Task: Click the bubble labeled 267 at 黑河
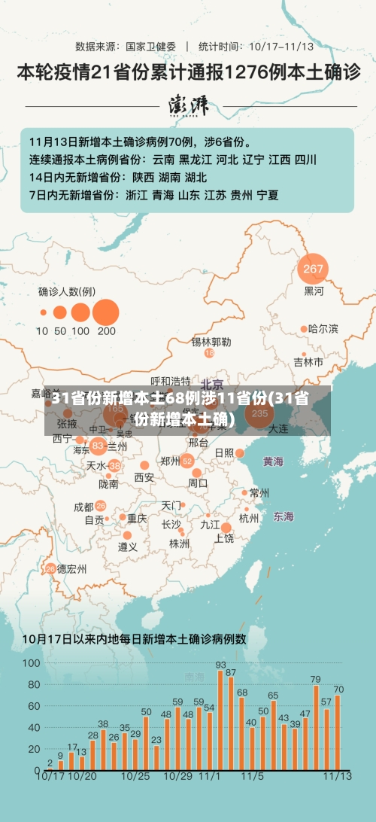click(x=313, y=268)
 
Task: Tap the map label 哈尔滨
click(x=323, y=329)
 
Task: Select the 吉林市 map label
click(x=308, y=362)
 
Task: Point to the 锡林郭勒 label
click(x=211, y=342)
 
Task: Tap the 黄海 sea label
click(x=273, y=461)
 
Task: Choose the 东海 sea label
click(x=284, y=516)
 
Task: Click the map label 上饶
click(x=223, y=538)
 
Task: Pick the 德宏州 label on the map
click(x=72, y=568)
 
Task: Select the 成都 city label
click(x=84, y=507)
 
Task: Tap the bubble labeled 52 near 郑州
click(x=187, y=461)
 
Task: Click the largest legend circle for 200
click(x=106, y=312)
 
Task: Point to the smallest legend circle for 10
click(x=42, y=312)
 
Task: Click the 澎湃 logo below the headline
click(x=189, y=106)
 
